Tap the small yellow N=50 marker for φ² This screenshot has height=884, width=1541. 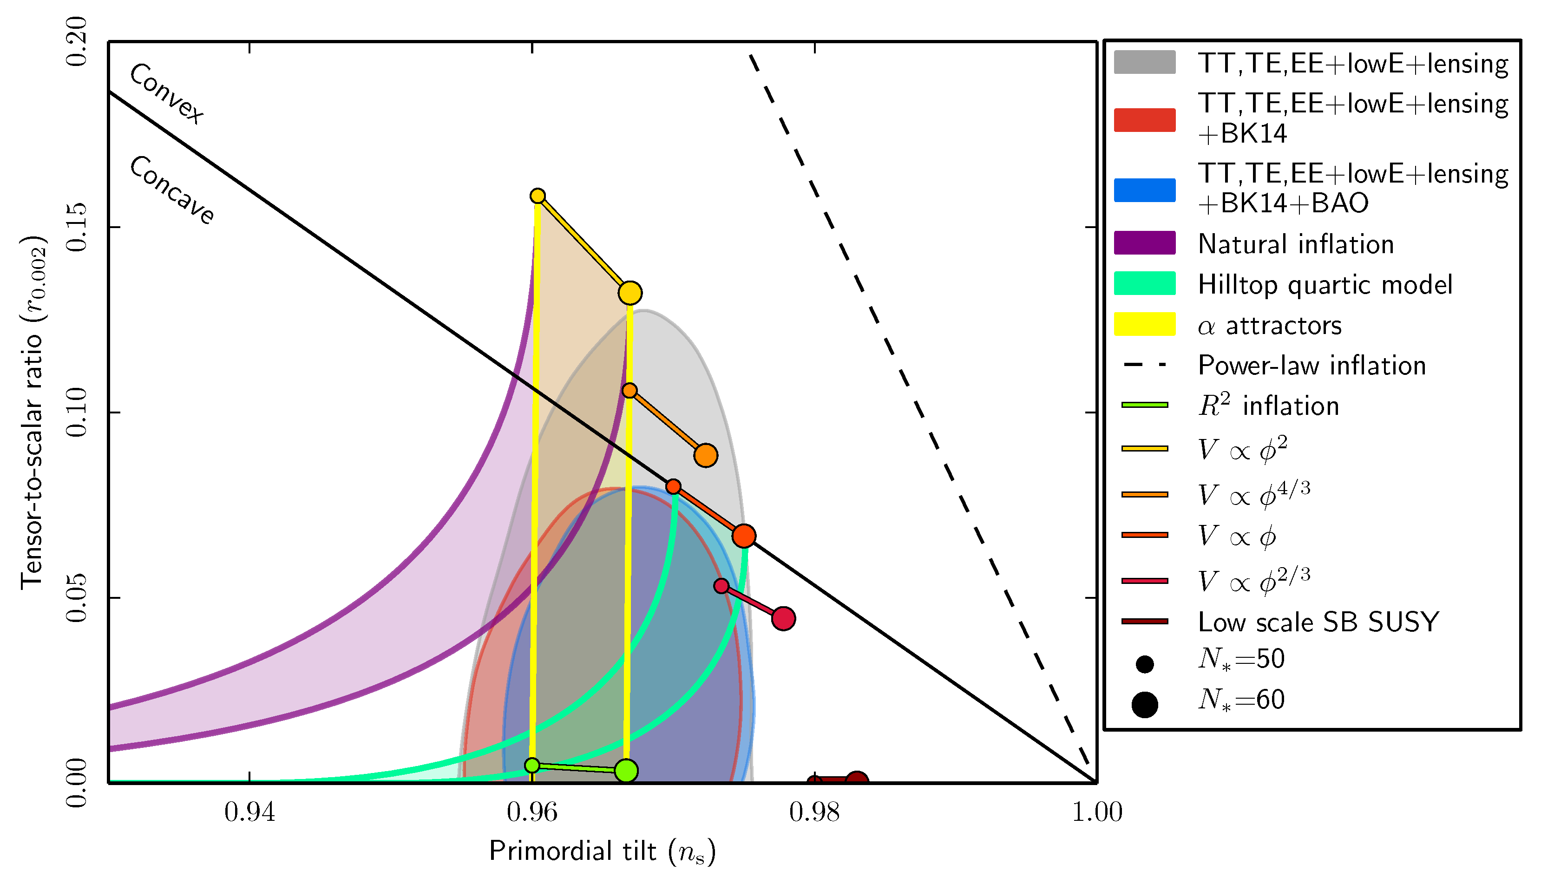[538, 196]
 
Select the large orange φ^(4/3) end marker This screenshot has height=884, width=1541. [705, 455]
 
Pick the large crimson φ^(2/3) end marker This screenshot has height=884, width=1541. [783, 618]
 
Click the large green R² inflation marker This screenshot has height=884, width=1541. [626, 771]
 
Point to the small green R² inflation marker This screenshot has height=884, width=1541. [532, 765]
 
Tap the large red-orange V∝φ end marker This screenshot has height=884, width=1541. [743, 536]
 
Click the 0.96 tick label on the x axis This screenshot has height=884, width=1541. [532, 812]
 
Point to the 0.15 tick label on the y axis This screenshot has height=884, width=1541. [77, 227]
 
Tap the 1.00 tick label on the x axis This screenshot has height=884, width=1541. [1096, 812]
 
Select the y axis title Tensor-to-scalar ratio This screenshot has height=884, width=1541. [33, 413]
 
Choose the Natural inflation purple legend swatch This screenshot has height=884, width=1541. [1145, 243]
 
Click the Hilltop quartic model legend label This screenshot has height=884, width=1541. [1325, 284]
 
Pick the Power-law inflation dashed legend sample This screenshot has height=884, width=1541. [1145, 365]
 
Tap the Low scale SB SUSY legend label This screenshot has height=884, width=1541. [1318, 622]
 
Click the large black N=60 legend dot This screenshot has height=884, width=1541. [1145, 704]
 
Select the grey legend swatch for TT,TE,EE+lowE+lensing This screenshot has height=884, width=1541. [1145, 62]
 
